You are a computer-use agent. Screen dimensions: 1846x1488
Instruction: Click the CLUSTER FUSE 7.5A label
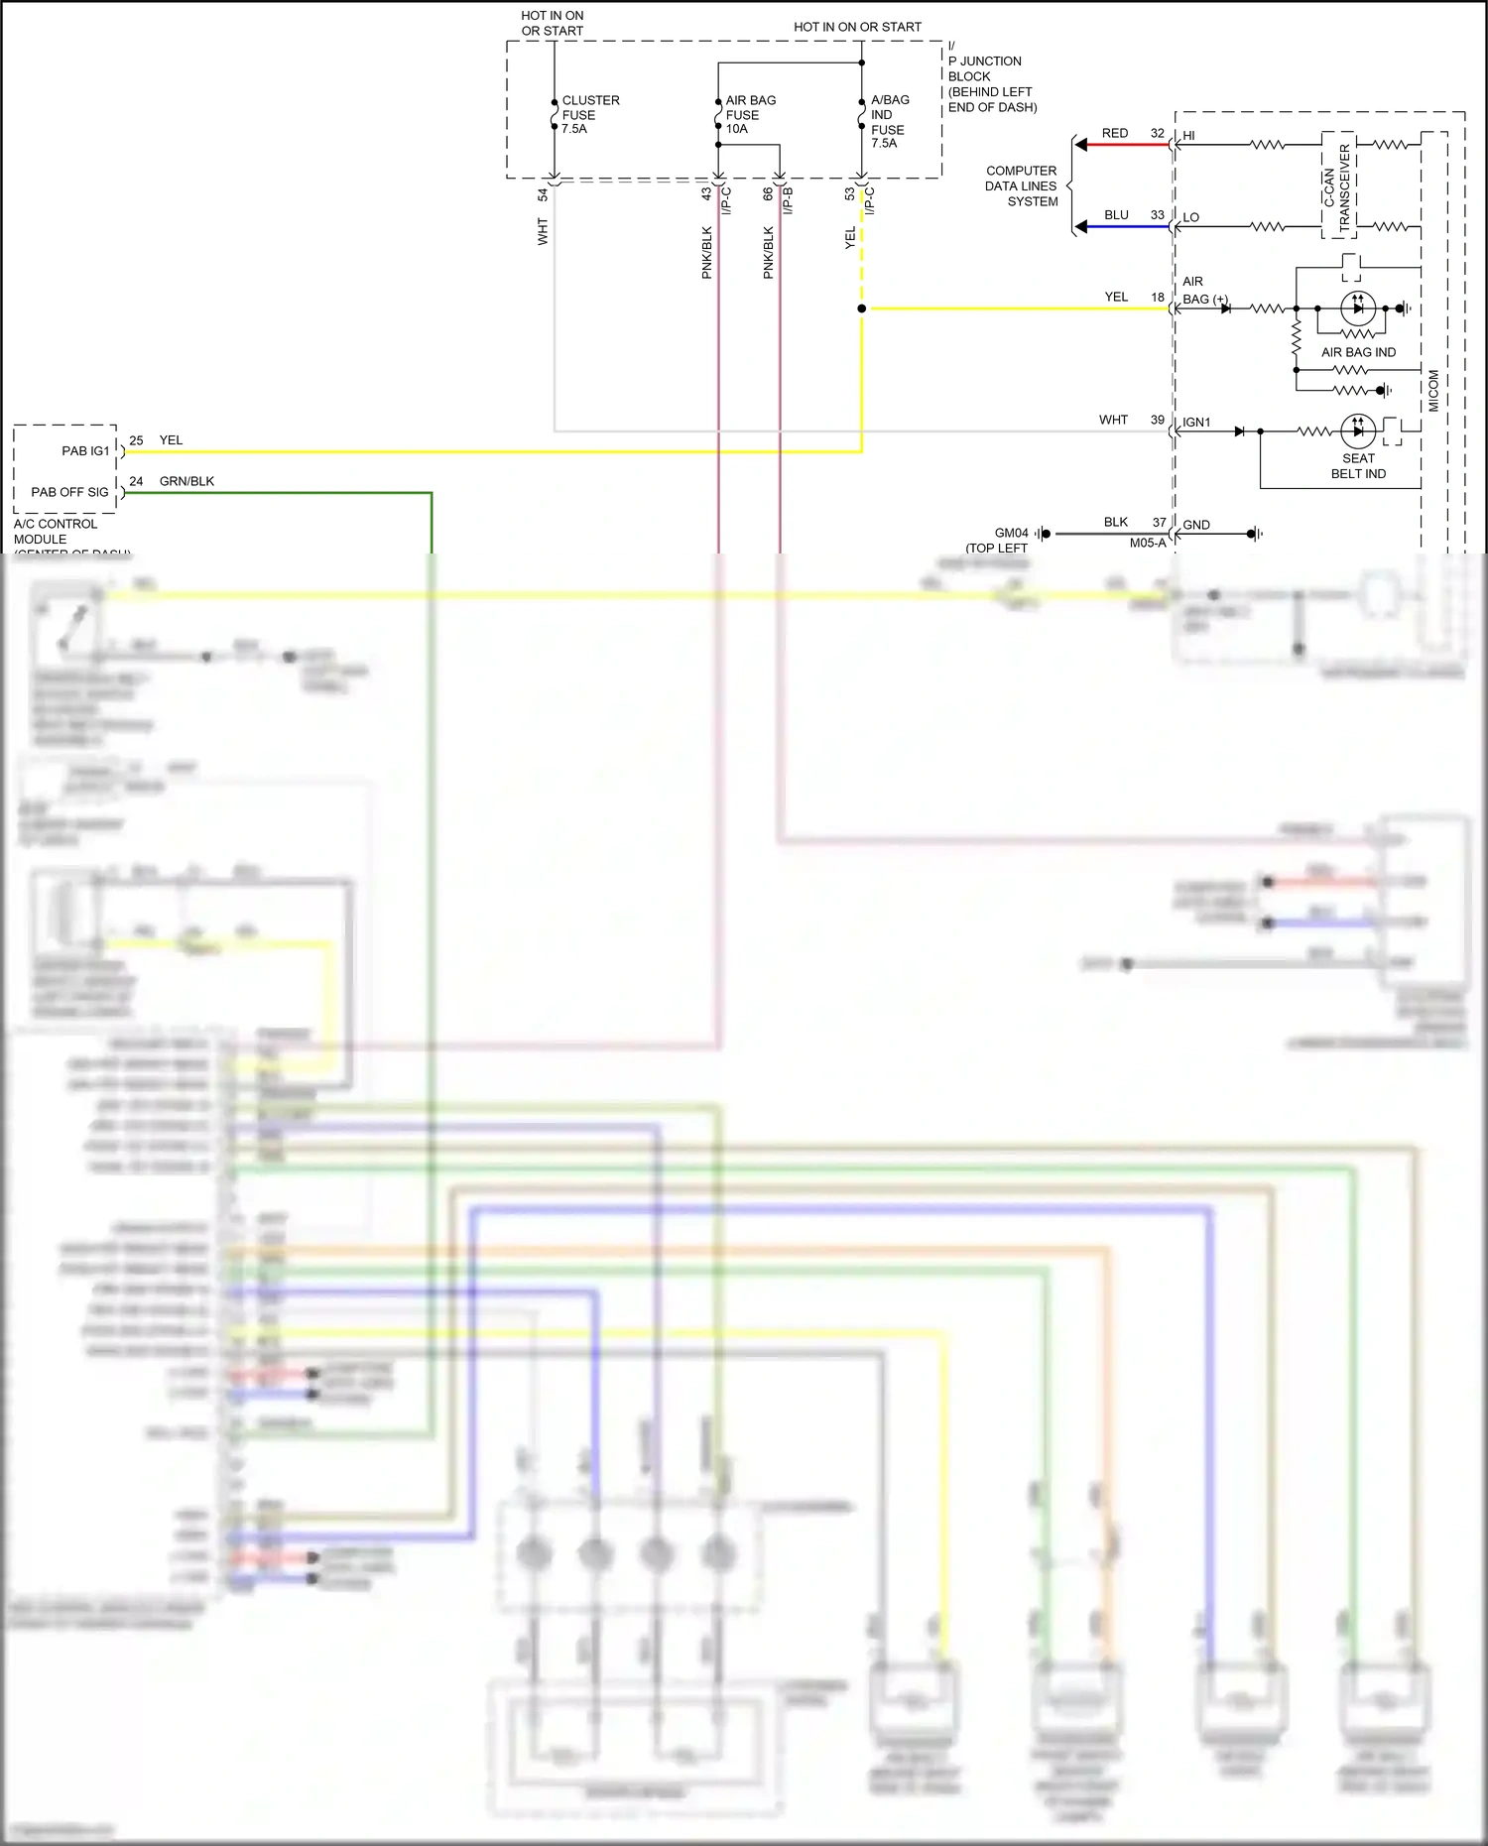tap(589, 114)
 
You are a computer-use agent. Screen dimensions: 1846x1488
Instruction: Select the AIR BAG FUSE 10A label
tap(750, 114)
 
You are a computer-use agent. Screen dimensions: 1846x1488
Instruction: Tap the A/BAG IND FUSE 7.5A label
tap(889, 121)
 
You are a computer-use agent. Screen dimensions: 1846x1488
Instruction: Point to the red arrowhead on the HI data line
tap(1081, 145)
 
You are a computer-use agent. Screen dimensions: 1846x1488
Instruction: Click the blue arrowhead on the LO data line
tap(1081, 227)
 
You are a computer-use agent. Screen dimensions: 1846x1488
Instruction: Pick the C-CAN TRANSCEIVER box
tap(1337, 186)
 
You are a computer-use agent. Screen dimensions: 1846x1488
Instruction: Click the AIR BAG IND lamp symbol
tap(1358, 308)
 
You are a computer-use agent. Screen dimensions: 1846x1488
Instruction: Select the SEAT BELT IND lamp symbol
tap(1358, 431)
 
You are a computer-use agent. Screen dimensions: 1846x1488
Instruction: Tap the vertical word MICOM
tap(1433, 391)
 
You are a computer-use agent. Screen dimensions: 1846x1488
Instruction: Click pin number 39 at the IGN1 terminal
tap(1157, 420)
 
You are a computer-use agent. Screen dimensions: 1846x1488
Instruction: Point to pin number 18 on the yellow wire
tap(1157, 297)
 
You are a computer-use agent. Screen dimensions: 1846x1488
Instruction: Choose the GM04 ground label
tap(1011, 534)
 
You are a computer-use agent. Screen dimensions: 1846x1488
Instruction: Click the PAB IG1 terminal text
tap(85, 450)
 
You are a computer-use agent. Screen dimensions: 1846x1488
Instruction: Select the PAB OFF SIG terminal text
tap(69, 492)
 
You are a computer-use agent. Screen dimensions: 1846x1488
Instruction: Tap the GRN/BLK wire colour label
tap(186, 481)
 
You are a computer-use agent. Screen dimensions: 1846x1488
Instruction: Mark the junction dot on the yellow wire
tap(861, 308)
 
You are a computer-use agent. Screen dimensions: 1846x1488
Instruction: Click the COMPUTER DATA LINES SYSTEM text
tap(1021, 185)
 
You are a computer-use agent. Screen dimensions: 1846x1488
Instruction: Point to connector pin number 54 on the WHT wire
tap(543, 194)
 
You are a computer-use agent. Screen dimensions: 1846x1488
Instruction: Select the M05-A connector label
tap(1147, 544)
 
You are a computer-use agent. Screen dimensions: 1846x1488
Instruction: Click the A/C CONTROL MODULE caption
tap(56, 532)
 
